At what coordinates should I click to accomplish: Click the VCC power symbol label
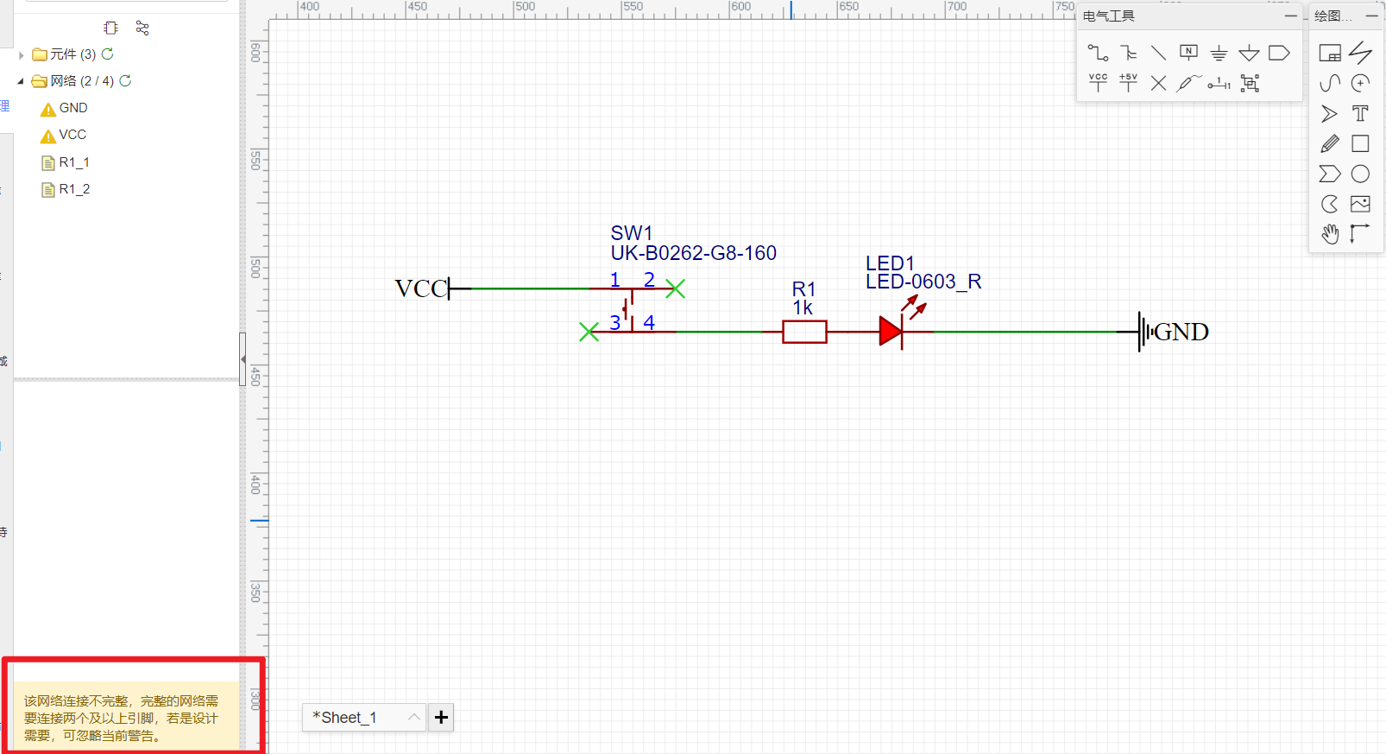[x=420, y=288]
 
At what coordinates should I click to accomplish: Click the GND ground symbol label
[x=1181, y=332]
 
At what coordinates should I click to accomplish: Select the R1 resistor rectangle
[x=804, y=332]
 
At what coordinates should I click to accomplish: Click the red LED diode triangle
[x=890, y=332]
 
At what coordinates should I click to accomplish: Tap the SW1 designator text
[x=632, y=233]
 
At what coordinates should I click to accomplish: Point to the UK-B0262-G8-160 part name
[x=693, y=253]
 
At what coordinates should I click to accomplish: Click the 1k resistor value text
[x=803, y=308]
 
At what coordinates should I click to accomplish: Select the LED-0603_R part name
[x=923, y=282]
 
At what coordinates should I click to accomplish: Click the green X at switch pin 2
[x=675, y=288]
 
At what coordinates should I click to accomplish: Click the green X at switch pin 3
[x=589, y=332]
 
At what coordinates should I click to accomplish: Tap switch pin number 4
[x=649, y=322]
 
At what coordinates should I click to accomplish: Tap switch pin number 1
[x=614, y=279]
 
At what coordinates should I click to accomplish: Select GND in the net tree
[x=73, y=108]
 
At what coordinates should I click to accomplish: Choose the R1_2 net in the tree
[x=74, y=189]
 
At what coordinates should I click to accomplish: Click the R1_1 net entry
[x=74, y=162]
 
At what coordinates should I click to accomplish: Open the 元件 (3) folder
[x=72, y=54]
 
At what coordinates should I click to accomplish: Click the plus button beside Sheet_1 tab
[x=441, y=717]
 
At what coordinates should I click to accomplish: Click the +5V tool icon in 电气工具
[x=1128, y=82]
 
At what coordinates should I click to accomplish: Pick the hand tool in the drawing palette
[x=1330, y=233]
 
